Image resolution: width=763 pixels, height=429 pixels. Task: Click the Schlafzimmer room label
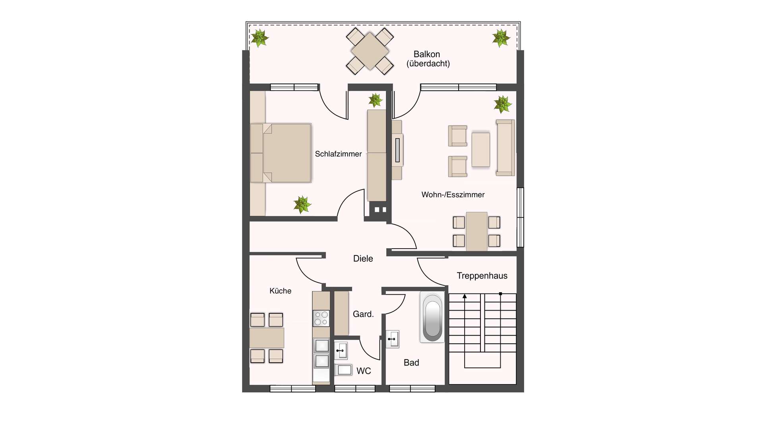pos(338,154)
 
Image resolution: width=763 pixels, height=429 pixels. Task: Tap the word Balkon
pos(427,54)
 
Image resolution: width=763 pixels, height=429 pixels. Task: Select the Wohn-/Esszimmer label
pos(453,195)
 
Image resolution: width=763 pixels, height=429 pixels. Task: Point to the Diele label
pos(363,259)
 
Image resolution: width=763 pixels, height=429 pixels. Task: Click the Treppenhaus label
pos(482,276)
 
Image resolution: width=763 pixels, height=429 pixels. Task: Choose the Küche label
pos(281,291)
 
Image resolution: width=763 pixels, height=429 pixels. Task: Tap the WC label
pos(364,371)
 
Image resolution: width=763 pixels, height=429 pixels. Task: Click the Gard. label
pos(363,314)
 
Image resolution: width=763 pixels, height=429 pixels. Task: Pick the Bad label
pos(411,363)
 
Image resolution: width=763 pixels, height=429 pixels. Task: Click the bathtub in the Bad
pos(432,317)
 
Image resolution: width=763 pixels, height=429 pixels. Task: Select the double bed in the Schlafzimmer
pos(281,153)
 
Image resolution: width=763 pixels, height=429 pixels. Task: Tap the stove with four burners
pos(321,318)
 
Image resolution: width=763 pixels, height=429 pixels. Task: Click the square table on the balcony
pos(370,51)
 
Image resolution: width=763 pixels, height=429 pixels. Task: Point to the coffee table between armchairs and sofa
pos(481,150)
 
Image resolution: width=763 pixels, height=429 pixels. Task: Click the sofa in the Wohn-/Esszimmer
pos(505,148)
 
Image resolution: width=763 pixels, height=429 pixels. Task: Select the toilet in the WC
pos(343,370)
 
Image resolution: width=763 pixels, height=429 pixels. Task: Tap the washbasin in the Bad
pos(393,339)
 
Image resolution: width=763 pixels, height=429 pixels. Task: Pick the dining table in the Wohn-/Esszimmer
pos(477,232)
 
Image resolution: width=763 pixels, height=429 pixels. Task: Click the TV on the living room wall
pos(397,150)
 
